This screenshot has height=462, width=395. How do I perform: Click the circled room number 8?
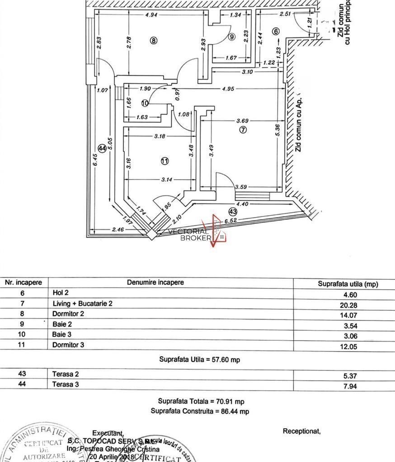(153, 40)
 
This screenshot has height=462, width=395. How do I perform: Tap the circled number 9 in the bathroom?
(232, 37)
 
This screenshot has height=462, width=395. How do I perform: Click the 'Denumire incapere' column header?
(155, 282)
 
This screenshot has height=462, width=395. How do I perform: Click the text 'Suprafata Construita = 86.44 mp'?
(199, 411)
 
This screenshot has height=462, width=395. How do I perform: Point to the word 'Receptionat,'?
(301, 431)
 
